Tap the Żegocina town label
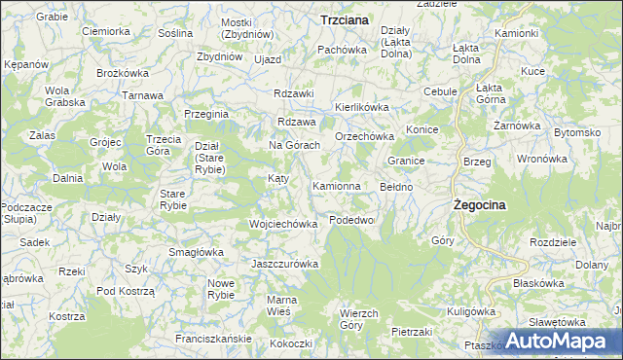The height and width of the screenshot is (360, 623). point(483,205)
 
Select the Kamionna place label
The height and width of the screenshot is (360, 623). point(337,185)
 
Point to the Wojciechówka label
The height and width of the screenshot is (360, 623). point(284,224)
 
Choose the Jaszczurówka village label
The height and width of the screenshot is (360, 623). point(285,265)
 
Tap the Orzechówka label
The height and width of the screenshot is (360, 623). point(363,137)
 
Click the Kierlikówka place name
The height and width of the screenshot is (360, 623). point(362,107)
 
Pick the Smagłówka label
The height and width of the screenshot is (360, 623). point(196,252)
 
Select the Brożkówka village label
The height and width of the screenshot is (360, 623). point(122,73)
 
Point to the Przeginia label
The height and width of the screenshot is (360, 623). point(205,114)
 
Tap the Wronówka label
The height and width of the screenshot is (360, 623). point(542,158)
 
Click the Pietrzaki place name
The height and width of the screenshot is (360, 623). point(412,332)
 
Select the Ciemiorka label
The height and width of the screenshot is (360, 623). point(106,31)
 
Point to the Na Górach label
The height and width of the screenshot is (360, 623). point(295,145)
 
